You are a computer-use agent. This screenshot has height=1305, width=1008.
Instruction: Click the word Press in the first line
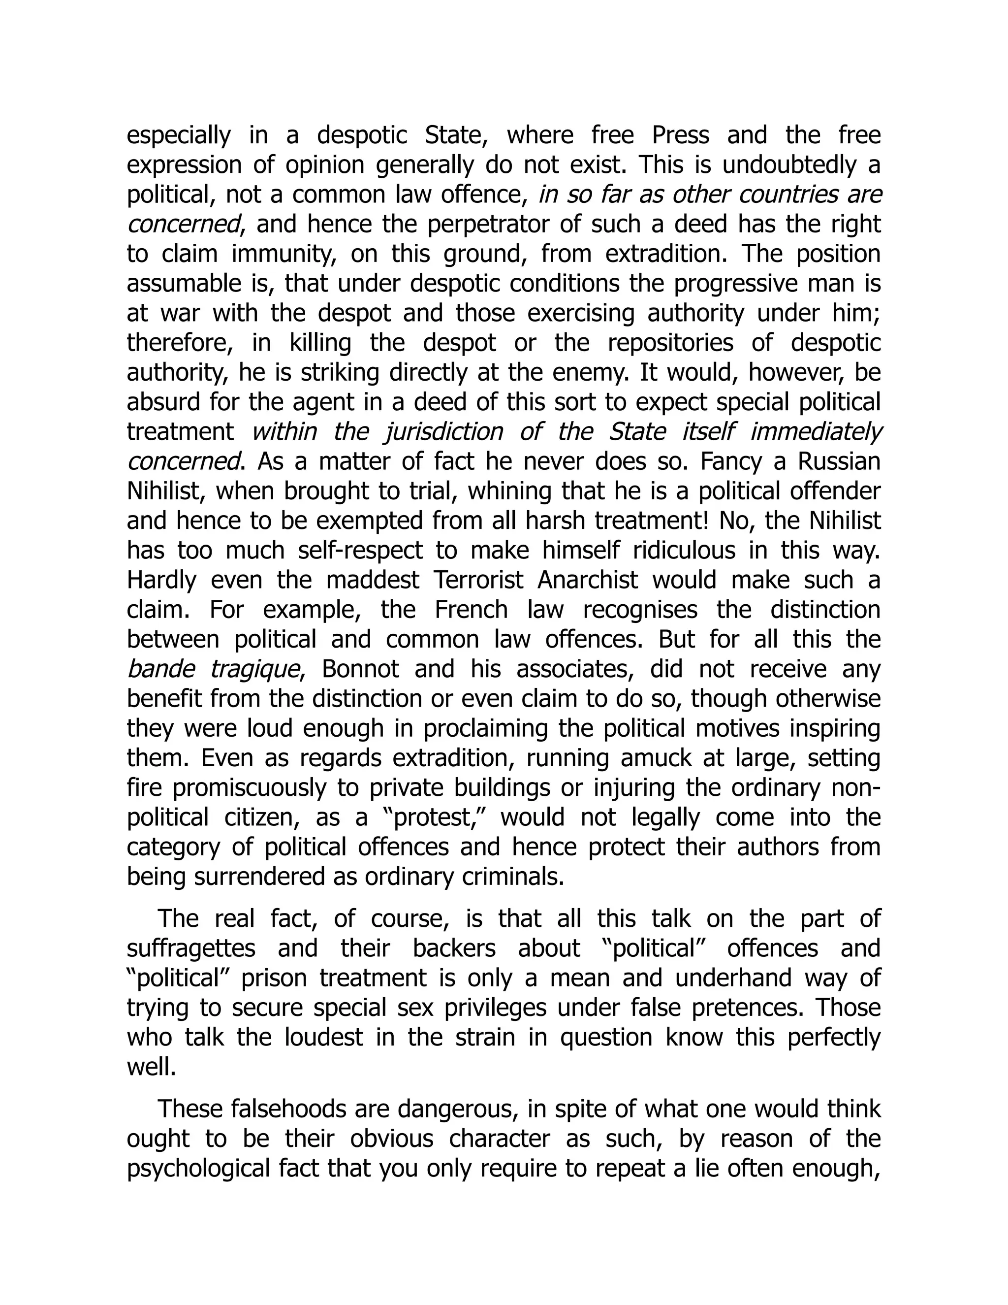(680, 135)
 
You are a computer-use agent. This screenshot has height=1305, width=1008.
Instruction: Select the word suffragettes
(191, 948)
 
